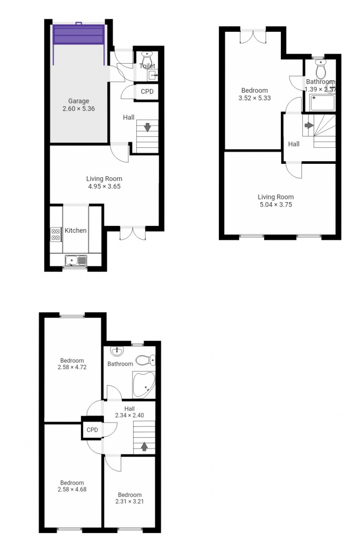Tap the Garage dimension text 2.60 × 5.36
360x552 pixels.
click(79, 108)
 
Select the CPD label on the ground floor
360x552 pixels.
click(147, 92)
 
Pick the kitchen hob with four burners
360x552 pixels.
click(56, 233)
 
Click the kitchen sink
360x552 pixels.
click(76, 260)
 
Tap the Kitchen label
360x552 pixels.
click(75, 231)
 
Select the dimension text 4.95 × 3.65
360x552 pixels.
click(104, 187)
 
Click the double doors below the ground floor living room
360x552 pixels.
click(132, 233)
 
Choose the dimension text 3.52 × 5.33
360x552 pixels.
click(254, 98)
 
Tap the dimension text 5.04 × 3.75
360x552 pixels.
click(275, 205)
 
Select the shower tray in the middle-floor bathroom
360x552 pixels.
click(322, 102)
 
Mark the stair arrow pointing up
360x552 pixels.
click(144, 446)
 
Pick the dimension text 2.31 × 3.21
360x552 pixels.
click(130, 501)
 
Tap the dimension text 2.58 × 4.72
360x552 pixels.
click(72, 367)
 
